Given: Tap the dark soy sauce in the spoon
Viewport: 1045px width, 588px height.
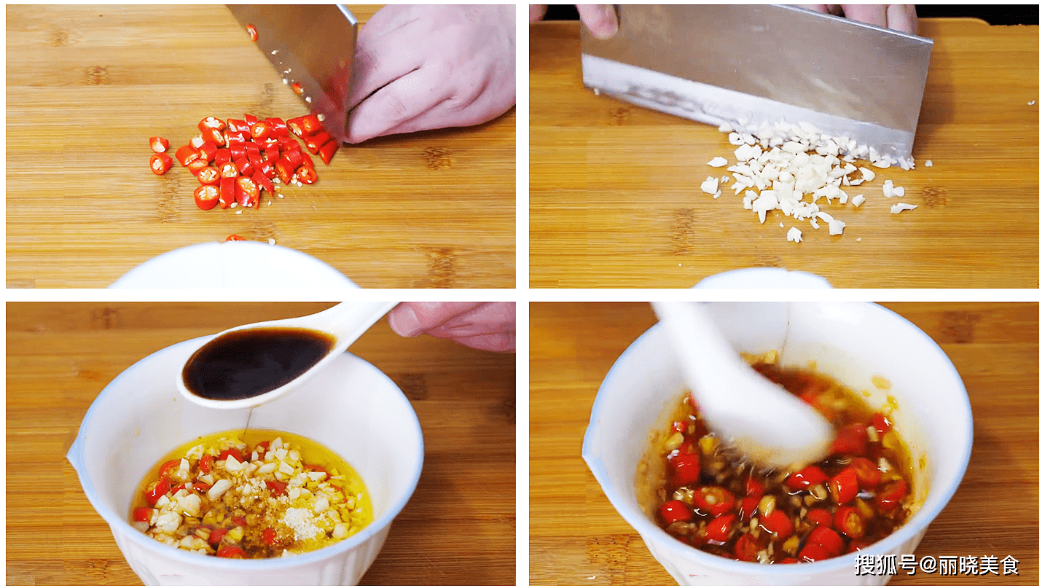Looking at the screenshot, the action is point(257,363).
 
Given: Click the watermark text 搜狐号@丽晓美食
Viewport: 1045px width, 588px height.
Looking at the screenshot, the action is point(936,565).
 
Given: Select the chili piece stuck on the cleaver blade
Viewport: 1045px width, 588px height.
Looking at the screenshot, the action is point(252,32).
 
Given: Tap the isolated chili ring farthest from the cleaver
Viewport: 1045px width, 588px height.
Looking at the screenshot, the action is point(160,163).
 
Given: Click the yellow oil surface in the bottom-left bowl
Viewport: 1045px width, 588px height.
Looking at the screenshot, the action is point(252,494).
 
